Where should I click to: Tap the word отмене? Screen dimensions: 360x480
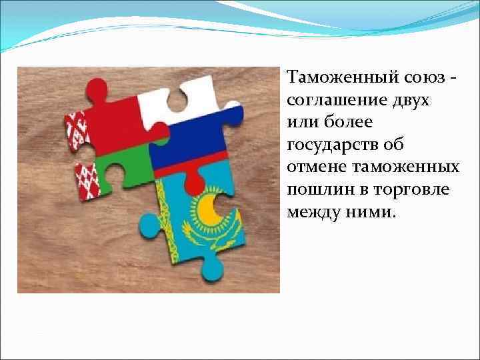[315, 167]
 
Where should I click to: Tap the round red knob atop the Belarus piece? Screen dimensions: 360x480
[98, 88]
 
